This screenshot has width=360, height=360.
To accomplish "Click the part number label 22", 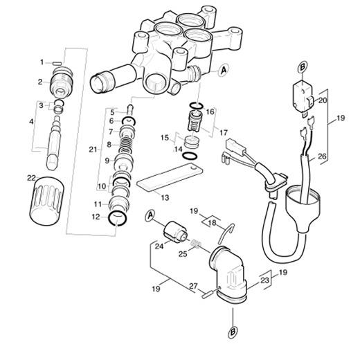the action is coord(31,178).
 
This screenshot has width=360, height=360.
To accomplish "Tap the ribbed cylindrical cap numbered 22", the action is coord(47,200).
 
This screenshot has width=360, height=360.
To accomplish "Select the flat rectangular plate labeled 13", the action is coord(170,177).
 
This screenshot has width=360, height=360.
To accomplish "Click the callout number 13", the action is coord(165,198).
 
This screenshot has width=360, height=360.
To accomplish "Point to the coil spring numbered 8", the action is coord(127,145).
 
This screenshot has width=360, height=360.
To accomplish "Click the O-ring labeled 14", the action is coord(190,156).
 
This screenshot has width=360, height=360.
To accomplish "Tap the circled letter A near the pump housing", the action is coord(224,70).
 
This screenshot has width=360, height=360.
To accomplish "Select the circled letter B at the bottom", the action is coord(233,332).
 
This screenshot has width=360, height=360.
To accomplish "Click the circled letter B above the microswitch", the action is coord(303,67).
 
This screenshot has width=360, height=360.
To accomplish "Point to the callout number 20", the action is coord(323,100).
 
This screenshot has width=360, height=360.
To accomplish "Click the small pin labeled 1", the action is coord(57,63).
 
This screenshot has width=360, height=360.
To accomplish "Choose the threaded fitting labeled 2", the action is coord(62,82).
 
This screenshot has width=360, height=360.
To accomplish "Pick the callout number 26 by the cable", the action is coord(322,156).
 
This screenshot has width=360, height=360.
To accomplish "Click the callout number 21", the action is coord(93,150).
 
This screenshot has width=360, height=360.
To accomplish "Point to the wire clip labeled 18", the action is coord(226,233).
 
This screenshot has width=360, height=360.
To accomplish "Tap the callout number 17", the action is coord(224,133).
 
